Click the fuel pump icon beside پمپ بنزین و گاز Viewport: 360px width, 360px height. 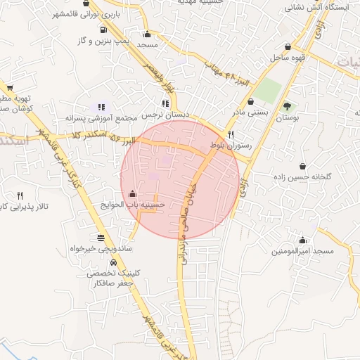click(x=103, y=30)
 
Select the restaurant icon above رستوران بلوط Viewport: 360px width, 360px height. click(x=231, y=134)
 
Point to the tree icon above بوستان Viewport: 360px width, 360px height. click(x=286, y=106)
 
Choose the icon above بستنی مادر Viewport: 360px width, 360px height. click(x=250, y=101)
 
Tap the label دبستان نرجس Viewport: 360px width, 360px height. click(x=162, y=114)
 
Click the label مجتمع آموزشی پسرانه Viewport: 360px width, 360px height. click(x=95, y=117)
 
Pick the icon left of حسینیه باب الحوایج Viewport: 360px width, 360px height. click(x=132, y=193)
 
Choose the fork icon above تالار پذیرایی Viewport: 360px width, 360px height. click(x=20, y=195)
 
